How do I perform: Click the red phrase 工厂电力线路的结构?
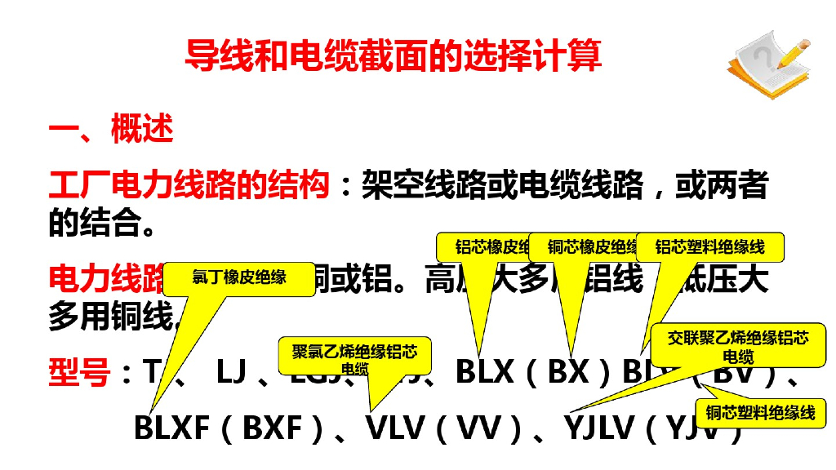pyautogui.click(x=189, y=185)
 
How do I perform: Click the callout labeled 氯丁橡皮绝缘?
pyautogui.click(x=239, y=277)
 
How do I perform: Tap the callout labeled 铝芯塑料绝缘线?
pyautogui.click(x=709, y=247)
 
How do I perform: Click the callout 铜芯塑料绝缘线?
pyautogui.click(x=760, y=413)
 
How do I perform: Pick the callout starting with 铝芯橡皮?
pyautogui.click(x=484, y=247)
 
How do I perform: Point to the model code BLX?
pyautogui.click(x=485, y=372)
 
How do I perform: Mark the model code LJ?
pyautogui.click(x=232, y=372)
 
